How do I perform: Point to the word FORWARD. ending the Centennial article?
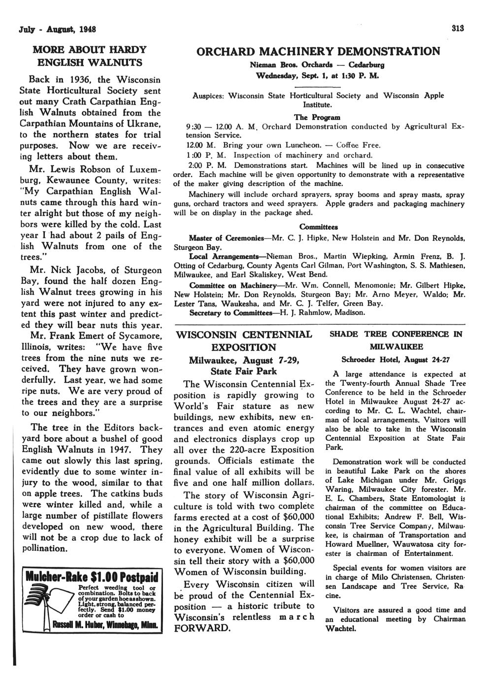[x=202, y=628]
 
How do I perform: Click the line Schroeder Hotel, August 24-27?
[x=396, y=358]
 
